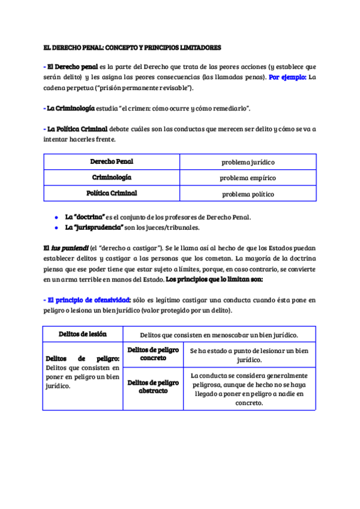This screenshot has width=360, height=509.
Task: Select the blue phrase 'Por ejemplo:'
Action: pos(287,77)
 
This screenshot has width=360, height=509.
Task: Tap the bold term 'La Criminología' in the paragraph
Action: pos(70,108)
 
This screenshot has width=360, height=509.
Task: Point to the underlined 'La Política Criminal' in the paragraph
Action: pos(77,129)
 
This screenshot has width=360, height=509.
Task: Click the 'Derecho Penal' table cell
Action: pos(112,162)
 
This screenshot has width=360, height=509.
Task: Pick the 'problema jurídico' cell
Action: pos(248,163)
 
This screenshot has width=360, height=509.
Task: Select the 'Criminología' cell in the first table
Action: pos(112,178)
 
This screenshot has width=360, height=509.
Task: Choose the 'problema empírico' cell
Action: pos(248,178)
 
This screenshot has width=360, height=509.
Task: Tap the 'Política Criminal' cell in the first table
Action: pos(112,193)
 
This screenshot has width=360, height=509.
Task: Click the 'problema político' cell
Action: pos(248,194)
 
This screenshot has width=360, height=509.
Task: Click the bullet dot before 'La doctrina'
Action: pos(56,217)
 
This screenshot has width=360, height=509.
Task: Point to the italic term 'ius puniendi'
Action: pos(70,248)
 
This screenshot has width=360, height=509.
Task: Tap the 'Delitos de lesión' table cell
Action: pos(82,334)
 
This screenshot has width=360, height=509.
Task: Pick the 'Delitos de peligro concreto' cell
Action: pos(153,354)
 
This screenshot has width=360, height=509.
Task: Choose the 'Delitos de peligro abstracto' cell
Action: pos(153,386)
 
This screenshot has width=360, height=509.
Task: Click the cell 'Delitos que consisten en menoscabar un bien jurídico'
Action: pos(219,335)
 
